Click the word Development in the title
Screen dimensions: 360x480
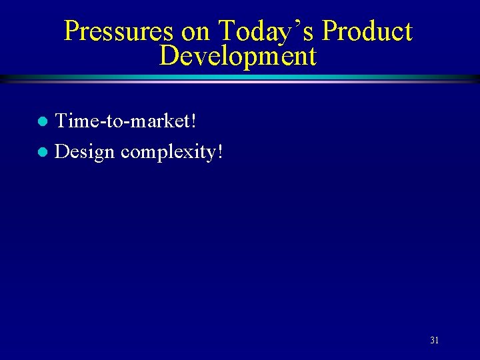(238, 56)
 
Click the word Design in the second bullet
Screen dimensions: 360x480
(85, 152)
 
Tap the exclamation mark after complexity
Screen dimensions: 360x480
(219, 152)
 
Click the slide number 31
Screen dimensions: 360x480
(434, 341)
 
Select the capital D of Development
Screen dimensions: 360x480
(169, 56)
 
